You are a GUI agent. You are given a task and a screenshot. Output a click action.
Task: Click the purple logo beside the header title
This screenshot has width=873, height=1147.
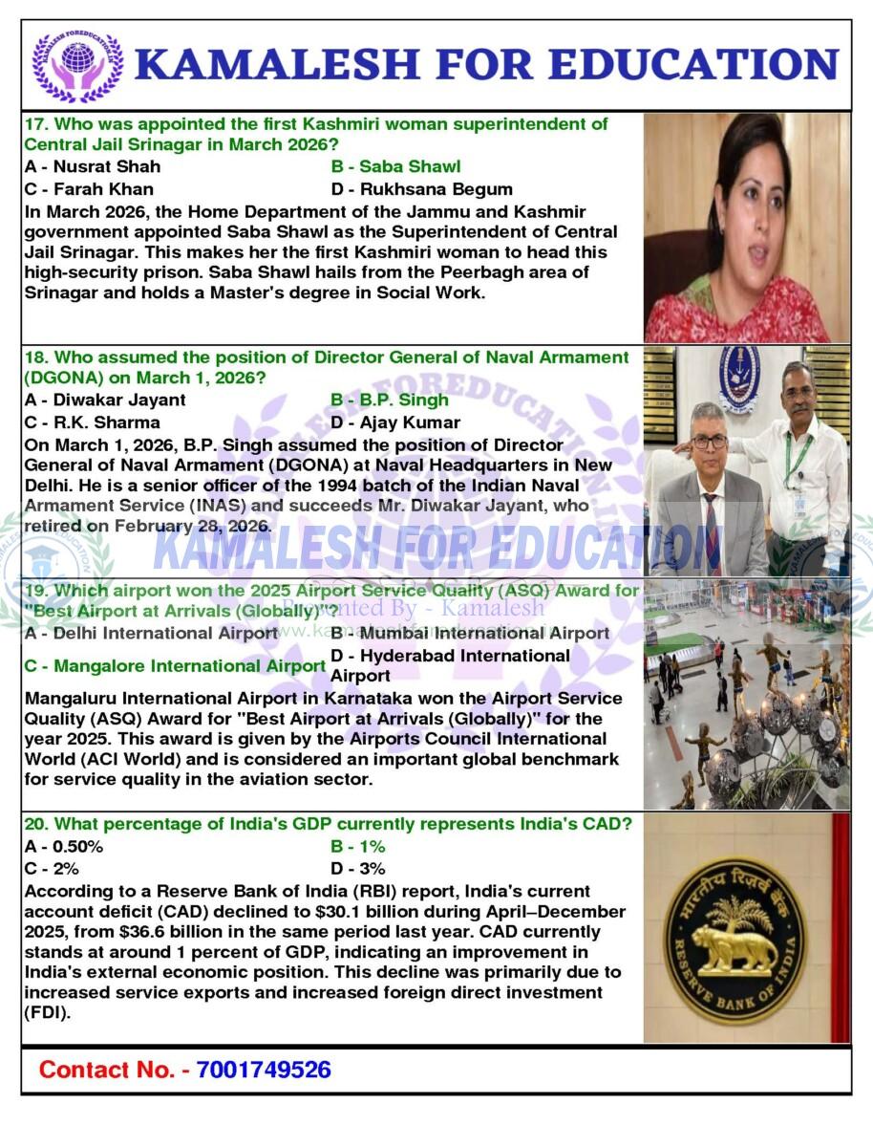(78, 67)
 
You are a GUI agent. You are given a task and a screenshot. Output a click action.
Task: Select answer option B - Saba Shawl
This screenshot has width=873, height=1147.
(395, 166)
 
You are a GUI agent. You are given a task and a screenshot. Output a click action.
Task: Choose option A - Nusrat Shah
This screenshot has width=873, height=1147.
(93, 166)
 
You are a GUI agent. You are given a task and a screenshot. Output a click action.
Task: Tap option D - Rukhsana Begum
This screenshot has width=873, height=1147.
(421, 189)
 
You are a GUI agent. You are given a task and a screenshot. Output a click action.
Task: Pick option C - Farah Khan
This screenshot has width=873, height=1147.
(89, 189)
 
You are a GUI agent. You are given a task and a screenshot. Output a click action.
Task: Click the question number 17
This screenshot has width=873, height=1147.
(35, 124)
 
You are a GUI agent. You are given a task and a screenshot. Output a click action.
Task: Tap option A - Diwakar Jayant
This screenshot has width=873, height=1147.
(105, 400)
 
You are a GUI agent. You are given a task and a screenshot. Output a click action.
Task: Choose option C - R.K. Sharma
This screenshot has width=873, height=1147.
(93, 422)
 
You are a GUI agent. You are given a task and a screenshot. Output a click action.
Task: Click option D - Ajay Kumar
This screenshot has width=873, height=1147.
(395, 422)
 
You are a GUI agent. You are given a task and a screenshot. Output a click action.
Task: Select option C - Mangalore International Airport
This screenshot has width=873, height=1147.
(175, 666)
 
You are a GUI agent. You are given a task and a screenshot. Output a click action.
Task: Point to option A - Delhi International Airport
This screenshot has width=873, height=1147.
(151, 633)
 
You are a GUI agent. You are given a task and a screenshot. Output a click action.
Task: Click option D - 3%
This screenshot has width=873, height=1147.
(358, 869)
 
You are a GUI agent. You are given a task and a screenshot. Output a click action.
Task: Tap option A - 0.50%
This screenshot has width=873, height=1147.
(64, 846)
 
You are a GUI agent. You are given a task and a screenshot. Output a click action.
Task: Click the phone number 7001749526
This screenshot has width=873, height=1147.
(264, 1070)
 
